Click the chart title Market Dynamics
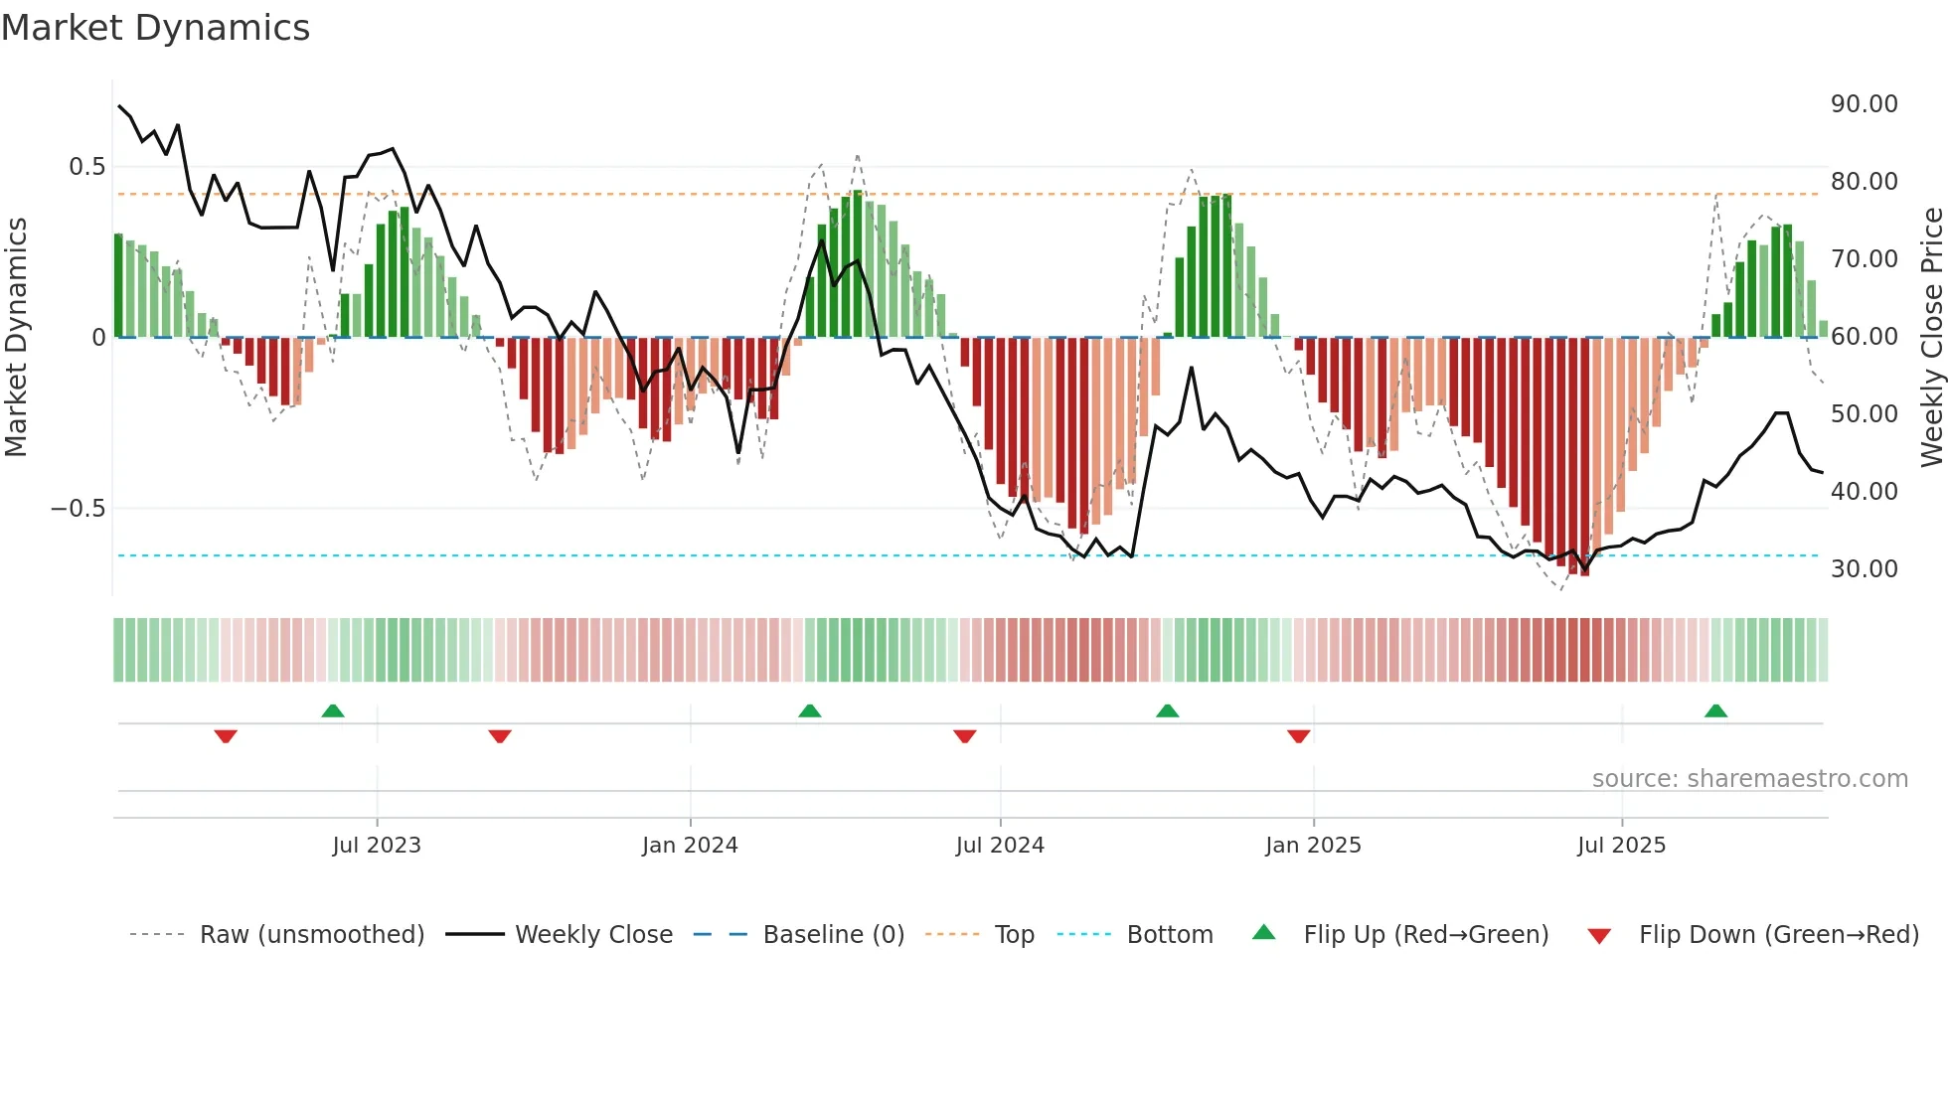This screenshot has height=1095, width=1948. [155, 28]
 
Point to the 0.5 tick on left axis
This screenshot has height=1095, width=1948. [87, 167]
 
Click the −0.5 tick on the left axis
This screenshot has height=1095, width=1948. [79, 509]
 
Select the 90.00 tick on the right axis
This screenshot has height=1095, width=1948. [1864, 104]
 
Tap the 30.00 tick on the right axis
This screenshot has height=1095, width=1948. [1864, 569]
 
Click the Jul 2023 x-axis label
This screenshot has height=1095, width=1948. [377, 846]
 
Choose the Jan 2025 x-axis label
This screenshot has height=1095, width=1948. [1313, 846]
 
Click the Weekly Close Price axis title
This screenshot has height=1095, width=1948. [1931, 337]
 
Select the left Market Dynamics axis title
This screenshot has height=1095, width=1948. [16, 337]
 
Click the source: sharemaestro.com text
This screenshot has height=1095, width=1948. [1749, 779]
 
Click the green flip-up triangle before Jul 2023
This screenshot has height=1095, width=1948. [333, 711]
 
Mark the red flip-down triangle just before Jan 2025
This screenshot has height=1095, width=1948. [1298, 736]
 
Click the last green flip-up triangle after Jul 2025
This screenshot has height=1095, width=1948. [1715, 711]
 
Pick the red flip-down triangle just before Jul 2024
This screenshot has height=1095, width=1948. [964, 736]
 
